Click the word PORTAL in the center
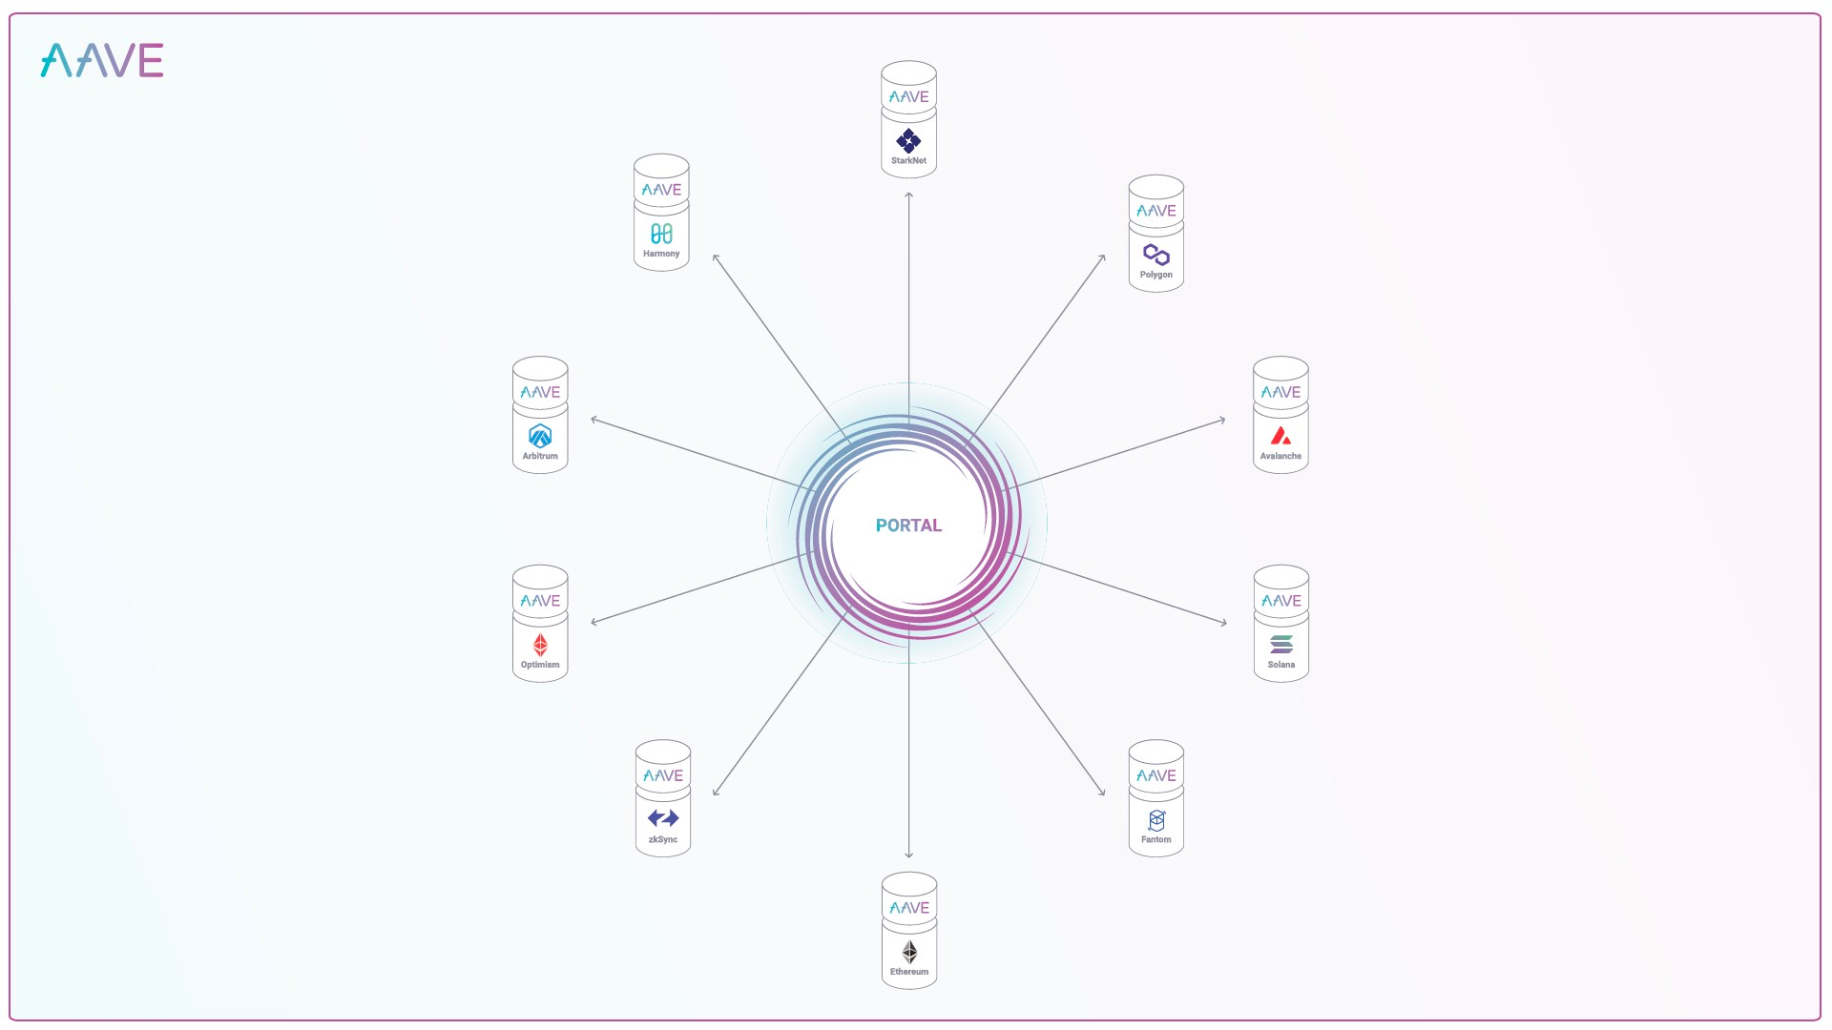(x=908, y=525)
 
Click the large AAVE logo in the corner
(x=102, y=60)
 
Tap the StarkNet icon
(x=908, y=140)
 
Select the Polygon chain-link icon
(x=1155, y=255)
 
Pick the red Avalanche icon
(x=1280, y=436)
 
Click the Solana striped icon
(x=1281, y=645)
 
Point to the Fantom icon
(x=1156, y=820)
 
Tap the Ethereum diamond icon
(x=909, y=952)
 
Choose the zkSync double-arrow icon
(x=663, y=818)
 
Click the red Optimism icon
(x=540, y=645)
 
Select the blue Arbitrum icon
(x=540, y=436)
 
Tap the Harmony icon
(x=661, y=234)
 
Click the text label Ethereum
(x=909, y=972)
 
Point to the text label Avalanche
(x=1280, y=456)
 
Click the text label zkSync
(x=663, y=839)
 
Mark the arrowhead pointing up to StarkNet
(x=908, y=195)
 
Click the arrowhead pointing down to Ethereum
(x=908, y=855)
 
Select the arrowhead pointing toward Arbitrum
(x=594, y=420)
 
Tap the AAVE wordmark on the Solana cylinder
(x=1281, y=601)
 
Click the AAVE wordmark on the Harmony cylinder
(x=661, y=190)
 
